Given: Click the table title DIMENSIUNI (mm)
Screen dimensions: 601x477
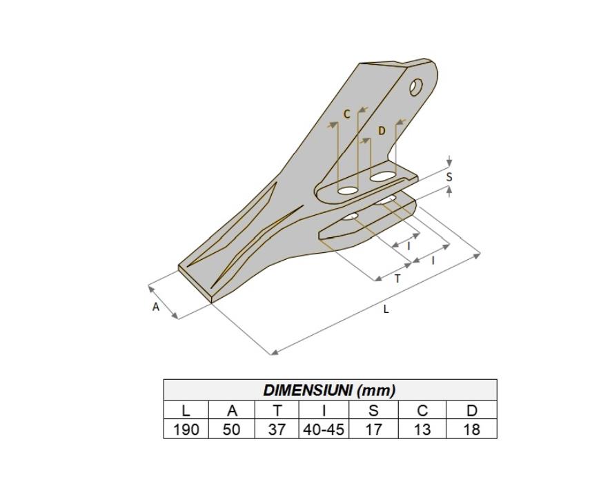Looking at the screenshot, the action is coord(329,390).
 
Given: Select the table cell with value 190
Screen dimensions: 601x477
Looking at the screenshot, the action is coord(186,429).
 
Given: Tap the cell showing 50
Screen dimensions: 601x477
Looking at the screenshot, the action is coord(232,429).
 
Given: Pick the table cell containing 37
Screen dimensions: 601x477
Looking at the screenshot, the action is coord(277,429).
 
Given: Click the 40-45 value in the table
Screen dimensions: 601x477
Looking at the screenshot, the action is coord(324,429).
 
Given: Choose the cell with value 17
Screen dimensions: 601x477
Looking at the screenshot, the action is coord(373,429).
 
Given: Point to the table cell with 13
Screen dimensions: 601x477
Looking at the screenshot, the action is coord(422,429).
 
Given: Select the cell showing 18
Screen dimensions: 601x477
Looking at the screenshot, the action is coord(471,429).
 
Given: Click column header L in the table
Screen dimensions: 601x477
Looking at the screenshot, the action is coord(186,410).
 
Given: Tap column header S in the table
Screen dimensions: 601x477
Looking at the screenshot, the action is coord(373,410).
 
